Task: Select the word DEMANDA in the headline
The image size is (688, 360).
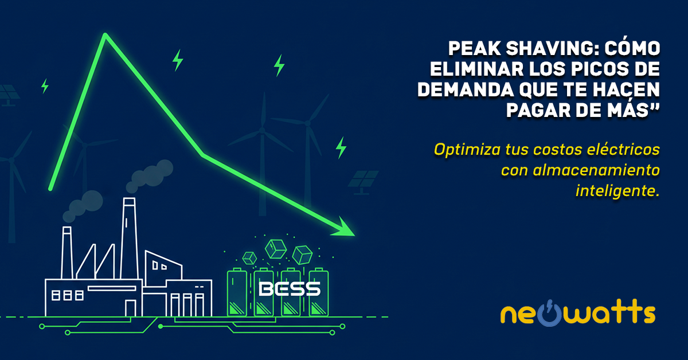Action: pyautogui.click(x=466, y=89)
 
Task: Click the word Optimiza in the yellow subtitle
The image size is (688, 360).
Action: pyautogui.click(x=467, y=150)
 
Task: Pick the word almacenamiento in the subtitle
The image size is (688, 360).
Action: pyautogui.click(x=596, y=170)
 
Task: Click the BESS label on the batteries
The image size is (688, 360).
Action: pyautogui.click(x=290, y=289)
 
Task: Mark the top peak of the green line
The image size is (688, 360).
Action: pyautogui.click(x=105, y=35)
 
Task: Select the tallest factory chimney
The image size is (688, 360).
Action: pyautogui.click(x=129, y=238)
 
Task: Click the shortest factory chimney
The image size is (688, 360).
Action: pyautogui.click(x=67, y=252)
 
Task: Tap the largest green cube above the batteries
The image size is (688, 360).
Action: pyautogui.click(x=276, y=249)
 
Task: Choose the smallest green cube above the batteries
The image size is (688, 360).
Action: pyautogui.click(x=249, y=259)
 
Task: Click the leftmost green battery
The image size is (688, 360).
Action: pyautogui.click(x=237, y=292)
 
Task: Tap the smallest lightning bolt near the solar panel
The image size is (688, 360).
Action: pyautogui.click(x=45, y=86)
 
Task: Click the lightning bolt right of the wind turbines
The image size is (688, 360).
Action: pyautogui.click(x=341, y=148)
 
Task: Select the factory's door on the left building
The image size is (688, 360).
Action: pyautogui.click(x=130, y=308)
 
